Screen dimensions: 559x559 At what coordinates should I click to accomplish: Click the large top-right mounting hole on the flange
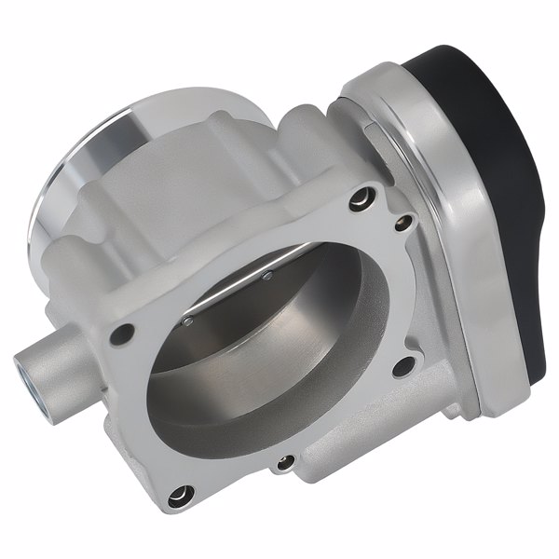click(361, 198)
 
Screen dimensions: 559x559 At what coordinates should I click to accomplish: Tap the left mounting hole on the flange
click(122, 334)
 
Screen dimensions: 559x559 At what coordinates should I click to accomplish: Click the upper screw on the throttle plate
click(268, 276)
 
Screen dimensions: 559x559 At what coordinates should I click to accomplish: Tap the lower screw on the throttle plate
click(188, 322)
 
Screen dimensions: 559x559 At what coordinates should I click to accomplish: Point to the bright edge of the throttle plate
click(233, 296)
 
